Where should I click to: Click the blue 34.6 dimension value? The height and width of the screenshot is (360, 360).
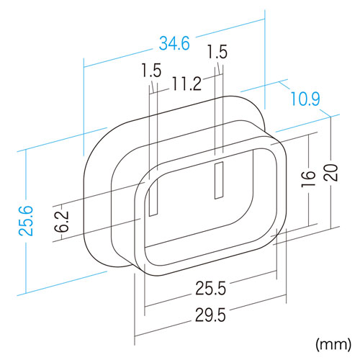tap(174, 43)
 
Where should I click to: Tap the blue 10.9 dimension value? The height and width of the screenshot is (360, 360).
tap(305, 99)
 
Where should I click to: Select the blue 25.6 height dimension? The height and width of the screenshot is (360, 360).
tap(26, 221)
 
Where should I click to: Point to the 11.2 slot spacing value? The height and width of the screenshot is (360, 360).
tap(186, 84)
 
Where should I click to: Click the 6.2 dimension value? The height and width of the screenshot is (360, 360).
tap(61, 222)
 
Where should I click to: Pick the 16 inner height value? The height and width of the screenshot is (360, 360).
tap(308, 179)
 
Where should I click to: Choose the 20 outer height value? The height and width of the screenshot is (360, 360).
tap(330, 173)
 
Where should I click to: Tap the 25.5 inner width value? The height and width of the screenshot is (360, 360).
tap(210, 288)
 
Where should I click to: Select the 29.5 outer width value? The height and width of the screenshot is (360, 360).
tap(210, 315)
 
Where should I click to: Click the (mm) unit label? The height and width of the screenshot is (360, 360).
tap(333, 345)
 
